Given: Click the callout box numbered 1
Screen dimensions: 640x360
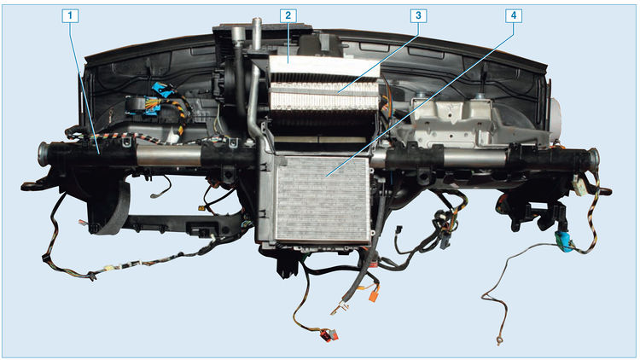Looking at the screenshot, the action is tap(70, 16).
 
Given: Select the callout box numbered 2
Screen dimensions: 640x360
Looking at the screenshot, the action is tap(288, 16).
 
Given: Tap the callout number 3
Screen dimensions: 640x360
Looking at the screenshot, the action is tap(418, 16).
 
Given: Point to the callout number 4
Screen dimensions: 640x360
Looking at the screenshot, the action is tap(514, 16).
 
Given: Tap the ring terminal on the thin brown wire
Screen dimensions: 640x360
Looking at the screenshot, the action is tap(498, 340).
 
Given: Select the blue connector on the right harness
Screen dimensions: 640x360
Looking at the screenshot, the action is tap(562, 241).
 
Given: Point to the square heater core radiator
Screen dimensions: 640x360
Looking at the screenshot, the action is tap(323, 200).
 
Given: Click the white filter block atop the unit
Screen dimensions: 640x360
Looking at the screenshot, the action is tap(324, 67).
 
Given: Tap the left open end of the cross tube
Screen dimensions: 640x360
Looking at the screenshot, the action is tap(42, 152).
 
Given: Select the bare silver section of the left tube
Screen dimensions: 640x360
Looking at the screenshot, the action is tap(169, 156).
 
